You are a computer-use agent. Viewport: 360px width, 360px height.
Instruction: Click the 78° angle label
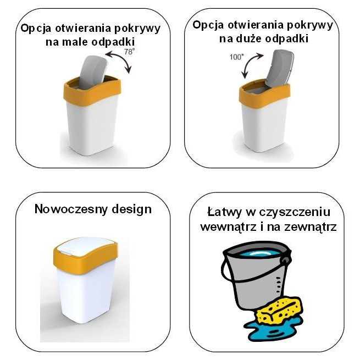pos(129,52)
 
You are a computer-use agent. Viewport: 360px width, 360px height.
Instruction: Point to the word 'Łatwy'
pos(226,212)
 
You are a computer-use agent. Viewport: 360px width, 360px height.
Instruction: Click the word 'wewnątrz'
pos(228,226)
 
